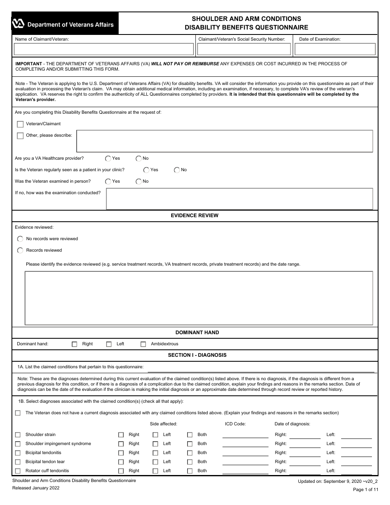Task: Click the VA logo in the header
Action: tap(18, 24)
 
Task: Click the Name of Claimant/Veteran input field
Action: tap(103, 49)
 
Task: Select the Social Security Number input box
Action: tap(244, 49)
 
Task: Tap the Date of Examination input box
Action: tap(335, 49)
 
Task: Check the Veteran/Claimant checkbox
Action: tap(20, 124)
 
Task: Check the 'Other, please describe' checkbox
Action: tap(20, 136)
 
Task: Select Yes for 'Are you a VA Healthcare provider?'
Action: tap(108, 158)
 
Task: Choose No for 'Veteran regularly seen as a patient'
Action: tap(177, 170)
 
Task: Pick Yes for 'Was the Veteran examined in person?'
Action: tap(108, 181)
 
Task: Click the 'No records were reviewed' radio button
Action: tap(20, 239)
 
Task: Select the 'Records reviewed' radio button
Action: tap(20, 250)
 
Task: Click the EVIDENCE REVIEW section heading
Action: tap(195, 216)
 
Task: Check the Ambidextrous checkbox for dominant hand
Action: tap(143, 344)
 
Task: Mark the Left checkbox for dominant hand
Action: tap(109, 344)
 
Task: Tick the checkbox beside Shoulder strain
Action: tap(18, 435)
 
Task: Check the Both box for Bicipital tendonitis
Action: tap(190, 453)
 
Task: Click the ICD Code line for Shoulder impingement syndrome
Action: tap(245, 445)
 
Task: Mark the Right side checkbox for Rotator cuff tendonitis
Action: tap(121, 471)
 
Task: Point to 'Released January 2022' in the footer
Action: tap(36, 488)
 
